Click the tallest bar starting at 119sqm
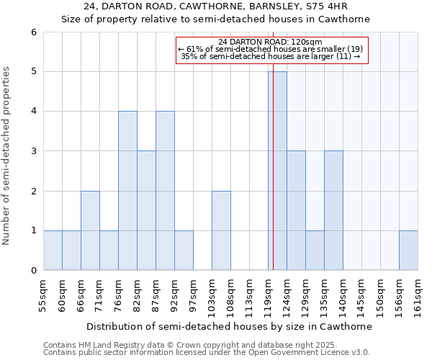click(x=277, y=171)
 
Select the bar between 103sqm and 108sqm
click(x=221, y=230)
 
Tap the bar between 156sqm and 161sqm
click(x=408, y=251)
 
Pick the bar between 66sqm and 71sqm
click(x=90, y=230)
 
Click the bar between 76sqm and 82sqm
click(x=127, y=191)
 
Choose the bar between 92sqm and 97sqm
click(x=184, y=251)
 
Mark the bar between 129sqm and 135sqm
click(x=315, y=251)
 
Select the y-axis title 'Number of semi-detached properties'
click(x=7, y=156)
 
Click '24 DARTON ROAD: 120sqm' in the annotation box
click(x=271, y=42)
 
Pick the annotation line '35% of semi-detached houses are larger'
click(x=271, y=55)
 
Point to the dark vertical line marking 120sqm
click(x=273, y=180)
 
